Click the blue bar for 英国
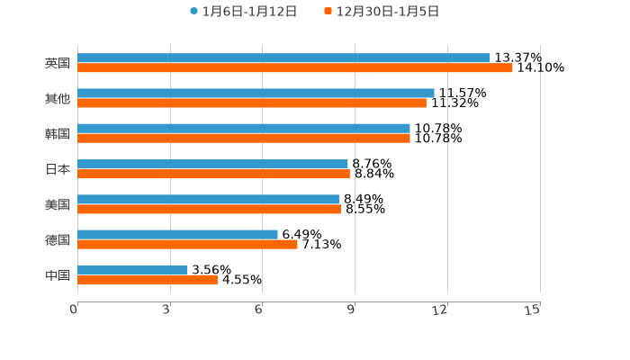[283, 58]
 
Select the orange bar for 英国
[295, 68]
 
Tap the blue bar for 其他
[256, 93]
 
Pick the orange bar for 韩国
[244, 139]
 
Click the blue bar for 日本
[212, 164]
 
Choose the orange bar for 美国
[209, 210]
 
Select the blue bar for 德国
[177, 234]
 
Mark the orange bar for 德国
[187, 244]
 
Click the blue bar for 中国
[132, 269]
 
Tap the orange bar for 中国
[148, 279]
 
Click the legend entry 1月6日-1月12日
[243, 12]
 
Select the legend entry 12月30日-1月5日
[382, 12]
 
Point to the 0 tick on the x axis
[75, 310]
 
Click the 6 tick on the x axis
[258, 310]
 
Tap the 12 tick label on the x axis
[440, 310]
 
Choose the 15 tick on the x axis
[533, 310]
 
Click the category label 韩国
[58, 134]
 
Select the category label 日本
[58, 169]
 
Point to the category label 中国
[58, 274]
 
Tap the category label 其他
[58, 98]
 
